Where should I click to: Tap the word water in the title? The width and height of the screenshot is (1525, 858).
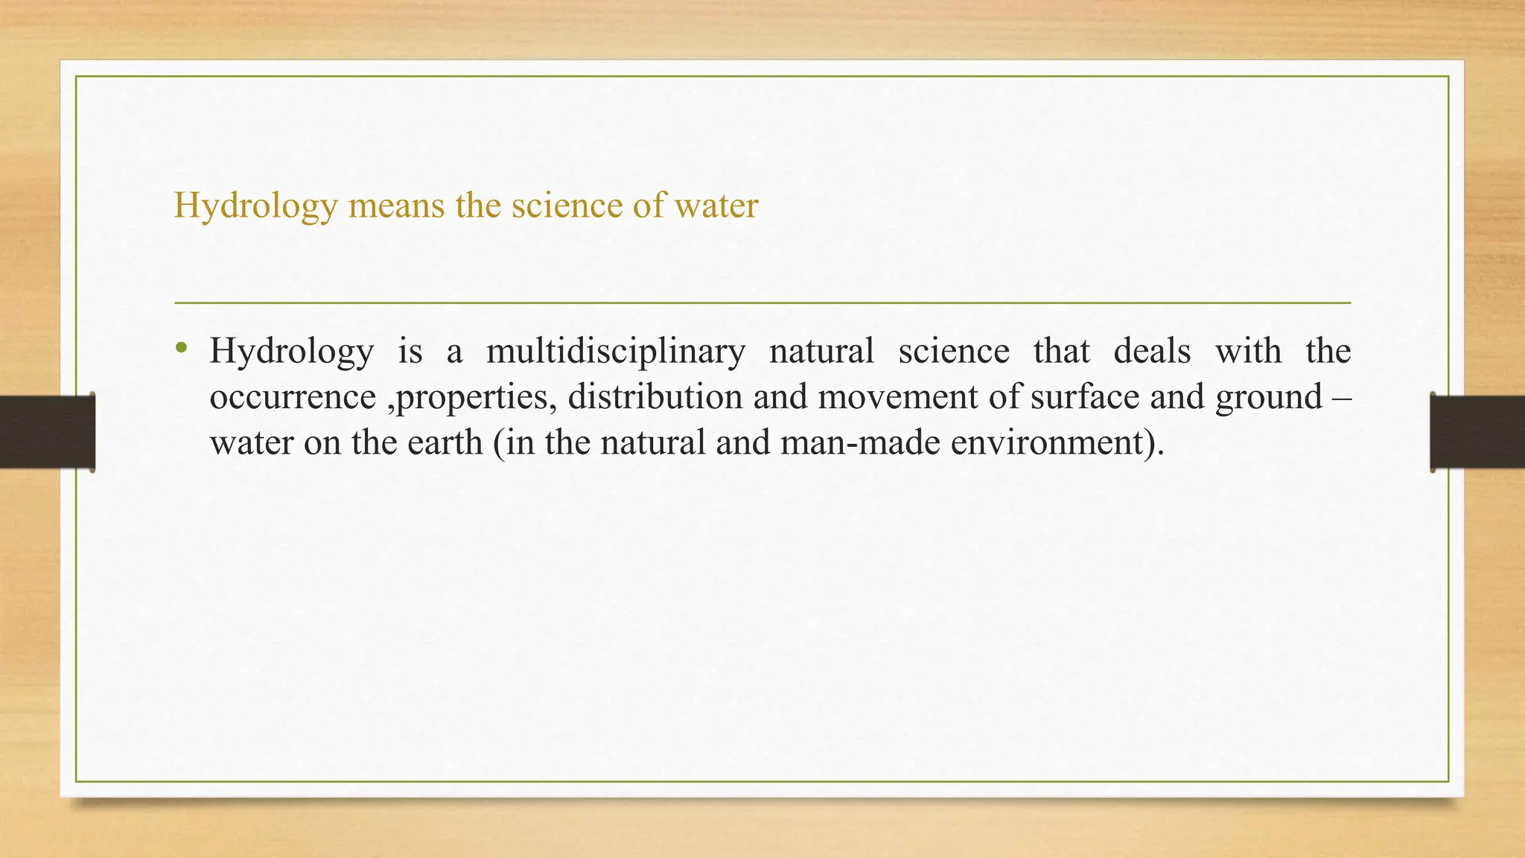(x=716, y=206)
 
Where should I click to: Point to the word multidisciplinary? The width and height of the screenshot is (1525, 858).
(x=616, y=352)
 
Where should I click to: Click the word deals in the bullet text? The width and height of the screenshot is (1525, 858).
(x=1152, y=352)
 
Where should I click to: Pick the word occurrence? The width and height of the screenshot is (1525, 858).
(x=293, y=397)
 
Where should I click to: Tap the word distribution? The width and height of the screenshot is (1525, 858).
(x=655, y=397)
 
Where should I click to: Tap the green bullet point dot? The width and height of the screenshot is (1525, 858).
(x=181, y=348)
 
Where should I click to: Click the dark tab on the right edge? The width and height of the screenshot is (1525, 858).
(x=1477, y=432)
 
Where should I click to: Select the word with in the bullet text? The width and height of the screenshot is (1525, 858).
(x=1248, y=352)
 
